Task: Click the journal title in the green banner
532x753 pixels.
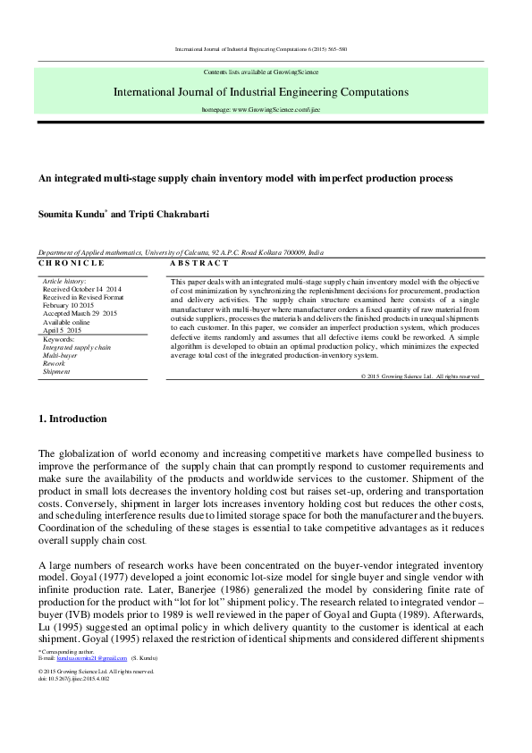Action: (261, 91)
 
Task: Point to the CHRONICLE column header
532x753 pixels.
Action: (72, 264)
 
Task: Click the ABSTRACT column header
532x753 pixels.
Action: (199, 264)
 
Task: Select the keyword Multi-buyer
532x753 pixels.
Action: (61, 355)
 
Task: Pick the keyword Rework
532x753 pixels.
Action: (55, 363)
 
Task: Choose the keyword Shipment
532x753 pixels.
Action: (57, 371)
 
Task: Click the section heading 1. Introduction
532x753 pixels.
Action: (72, 419)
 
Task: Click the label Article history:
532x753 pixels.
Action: (63, 282)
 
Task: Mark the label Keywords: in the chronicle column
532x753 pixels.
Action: (60, 339)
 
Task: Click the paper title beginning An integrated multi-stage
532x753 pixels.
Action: (246, 178)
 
